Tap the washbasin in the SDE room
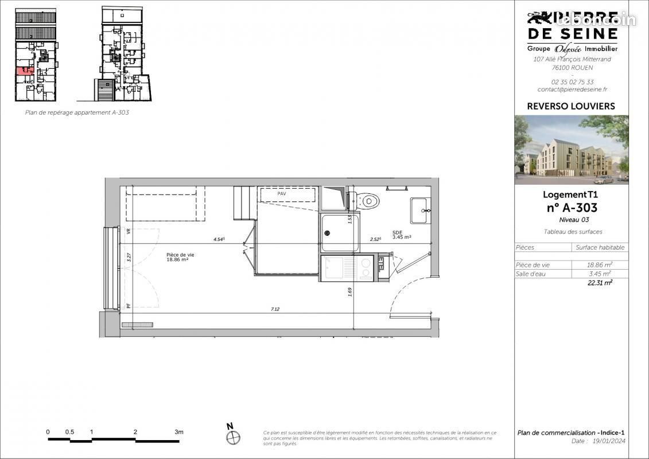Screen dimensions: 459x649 point(419,211)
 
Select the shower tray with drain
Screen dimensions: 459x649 point(340,232)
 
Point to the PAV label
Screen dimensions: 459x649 point(281,194)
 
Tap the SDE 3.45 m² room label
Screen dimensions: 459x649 point(401,235)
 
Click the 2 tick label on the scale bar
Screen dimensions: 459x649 point(135,432)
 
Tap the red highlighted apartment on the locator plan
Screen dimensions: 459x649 point(24,71)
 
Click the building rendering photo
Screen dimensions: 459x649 point(571,150)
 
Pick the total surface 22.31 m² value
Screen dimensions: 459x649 point(600,282)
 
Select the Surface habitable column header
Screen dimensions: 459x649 point(600,247)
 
